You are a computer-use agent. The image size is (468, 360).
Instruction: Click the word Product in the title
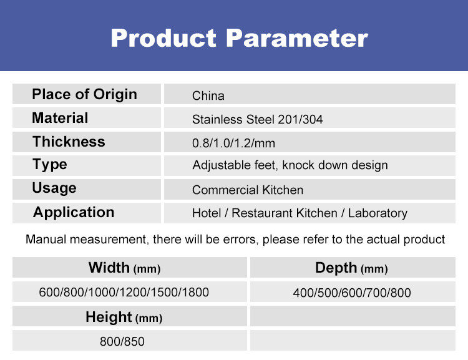(163, 38)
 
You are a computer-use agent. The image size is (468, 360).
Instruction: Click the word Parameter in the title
(296, 38)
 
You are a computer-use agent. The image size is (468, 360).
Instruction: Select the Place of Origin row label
(84, 95)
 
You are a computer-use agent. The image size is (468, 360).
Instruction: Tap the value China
(208, 96)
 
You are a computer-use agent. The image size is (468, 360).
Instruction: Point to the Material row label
(60, 118)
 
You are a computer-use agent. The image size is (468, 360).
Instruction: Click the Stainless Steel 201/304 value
(257, 119)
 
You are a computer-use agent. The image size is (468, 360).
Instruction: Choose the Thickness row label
(69, 142)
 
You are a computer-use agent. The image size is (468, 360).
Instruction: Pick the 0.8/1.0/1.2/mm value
(233, 144)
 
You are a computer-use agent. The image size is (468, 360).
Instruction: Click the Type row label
(49, 165)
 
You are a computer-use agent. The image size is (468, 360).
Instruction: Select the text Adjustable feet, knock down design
(290, 165)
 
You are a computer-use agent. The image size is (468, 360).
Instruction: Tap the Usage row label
(54, 188)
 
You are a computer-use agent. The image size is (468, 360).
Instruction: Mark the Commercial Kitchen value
(248, 190)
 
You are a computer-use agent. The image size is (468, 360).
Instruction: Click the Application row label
(74, 213)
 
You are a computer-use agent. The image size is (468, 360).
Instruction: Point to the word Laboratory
(378, 213)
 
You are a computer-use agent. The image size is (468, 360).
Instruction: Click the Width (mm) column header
(124, 268)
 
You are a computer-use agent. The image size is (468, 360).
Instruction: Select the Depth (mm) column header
(351, 268)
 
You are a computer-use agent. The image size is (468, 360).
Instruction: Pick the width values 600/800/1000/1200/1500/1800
(124, 292)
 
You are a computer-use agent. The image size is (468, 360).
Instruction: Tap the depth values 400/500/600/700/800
(352, 293)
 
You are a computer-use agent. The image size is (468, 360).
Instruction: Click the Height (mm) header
(124, 318)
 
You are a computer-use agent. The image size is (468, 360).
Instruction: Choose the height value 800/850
(122, 341)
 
